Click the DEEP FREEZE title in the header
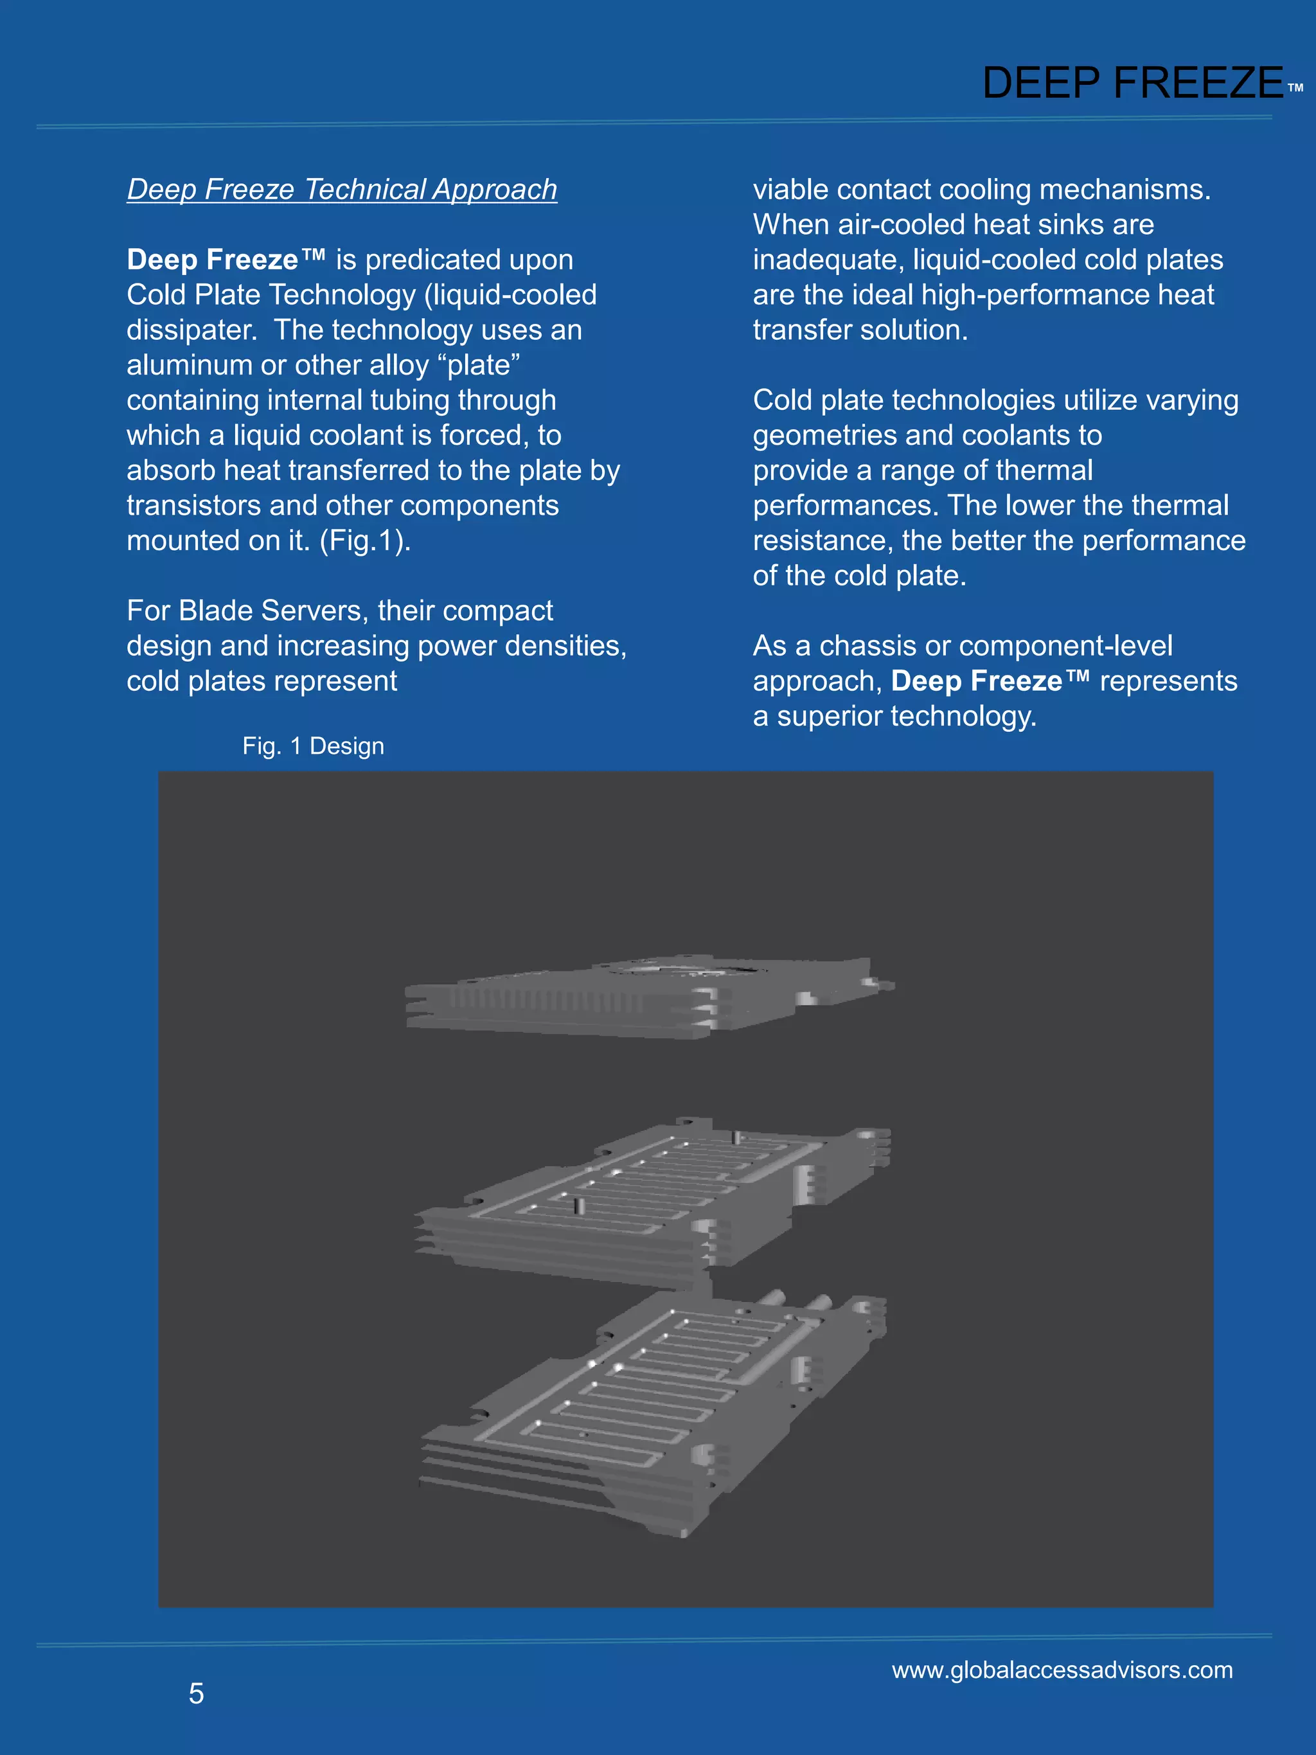[x=1132, y=82]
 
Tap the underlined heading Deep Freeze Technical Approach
[x=342, y=190]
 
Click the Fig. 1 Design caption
[x=314, y=746]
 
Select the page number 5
[x=196, y=1693]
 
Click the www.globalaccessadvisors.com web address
[x=1062, y=1670]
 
